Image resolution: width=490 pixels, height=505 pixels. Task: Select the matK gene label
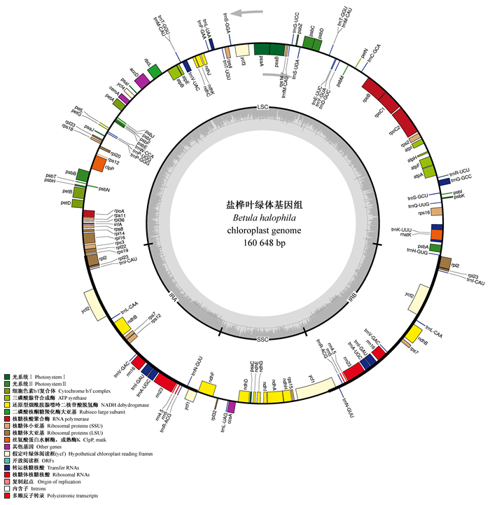click(x=405, y=235)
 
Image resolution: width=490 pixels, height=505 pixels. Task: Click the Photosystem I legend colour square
click(x=7, y=377)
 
